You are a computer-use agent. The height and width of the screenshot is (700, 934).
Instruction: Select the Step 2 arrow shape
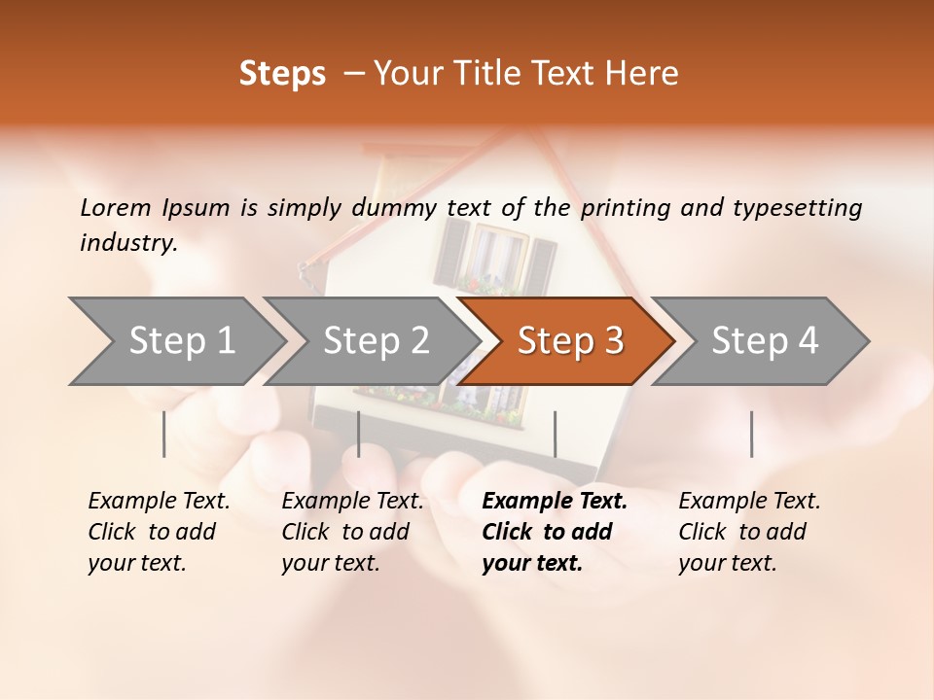pyautogui.click(x=375, y=341)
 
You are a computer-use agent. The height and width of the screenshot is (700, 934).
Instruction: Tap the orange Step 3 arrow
pyautogui.click(x=569, y=341)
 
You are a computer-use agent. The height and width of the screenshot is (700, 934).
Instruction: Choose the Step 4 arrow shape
pyautogui.click(x=764, y=341)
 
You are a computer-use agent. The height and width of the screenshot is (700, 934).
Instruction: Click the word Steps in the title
pyautogui.click(x=282, y=74)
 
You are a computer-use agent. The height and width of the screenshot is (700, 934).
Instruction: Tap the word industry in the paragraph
pyautogui.click(x=127, y=243)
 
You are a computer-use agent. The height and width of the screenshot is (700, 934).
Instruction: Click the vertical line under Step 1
pyautogui.click(x=164, y=434)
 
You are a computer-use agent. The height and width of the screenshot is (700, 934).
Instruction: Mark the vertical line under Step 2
pyautogui.click(x=359, y=434)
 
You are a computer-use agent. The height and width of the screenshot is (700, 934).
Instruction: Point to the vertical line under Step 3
pyautogui.click(x=556, y=434)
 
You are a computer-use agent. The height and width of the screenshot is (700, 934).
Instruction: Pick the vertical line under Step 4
pyautogui.click(x=751, y=434)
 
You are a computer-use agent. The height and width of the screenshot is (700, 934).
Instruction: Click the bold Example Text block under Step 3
pyautogui.click(x=555, y=532)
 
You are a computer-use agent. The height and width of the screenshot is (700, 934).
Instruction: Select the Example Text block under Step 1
pyautogui.click(x=159, y=532)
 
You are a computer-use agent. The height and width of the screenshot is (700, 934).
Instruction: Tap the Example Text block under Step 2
pyautogui.click(x=352, y=532)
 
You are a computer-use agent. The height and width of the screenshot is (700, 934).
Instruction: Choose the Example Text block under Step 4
pyautogui.click(x=749, y=532)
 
